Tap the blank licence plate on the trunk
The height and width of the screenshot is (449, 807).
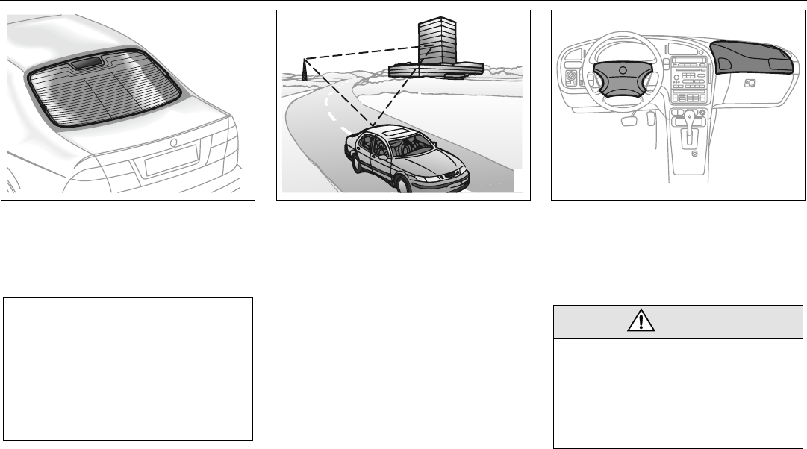[171, 160]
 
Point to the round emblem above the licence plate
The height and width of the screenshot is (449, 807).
[172, 142]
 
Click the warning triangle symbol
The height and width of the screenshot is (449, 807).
[641, 321]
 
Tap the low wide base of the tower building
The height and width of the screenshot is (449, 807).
[433, 69]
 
